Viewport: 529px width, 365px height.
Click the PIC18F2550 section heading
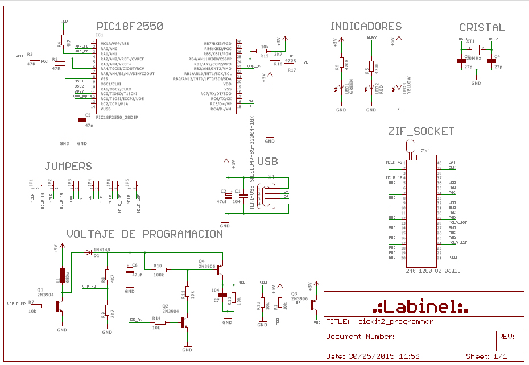click(130, 26)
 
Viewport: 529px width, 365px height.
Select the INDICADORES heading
click(366, 26)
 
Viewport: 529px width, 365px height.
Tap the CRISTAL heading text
click(482, 27)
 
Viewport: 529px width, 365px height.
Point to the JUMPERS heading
click(68, 166)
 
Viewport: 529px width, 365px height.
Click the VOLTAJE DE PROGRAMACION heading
click(144, 234)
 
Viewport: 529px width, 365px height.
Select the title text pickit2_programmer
click(395, 322)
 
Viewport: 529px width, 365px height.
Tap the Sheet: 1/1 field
click(486, 356)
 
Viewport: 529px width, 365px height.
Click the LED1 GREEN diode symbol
click(341, 88)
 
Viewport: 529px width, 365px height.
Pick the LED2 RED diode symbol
click(371, 88)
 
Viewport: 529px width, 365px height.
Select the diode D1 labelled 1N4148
click(88, 252)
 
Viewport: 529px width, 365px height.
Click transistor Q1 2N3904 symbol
click(59, 306)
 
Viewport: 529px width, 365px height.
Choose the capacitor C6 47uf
click(129, 271)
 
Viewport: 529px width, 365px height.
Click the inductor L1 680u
click(62, 275)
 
